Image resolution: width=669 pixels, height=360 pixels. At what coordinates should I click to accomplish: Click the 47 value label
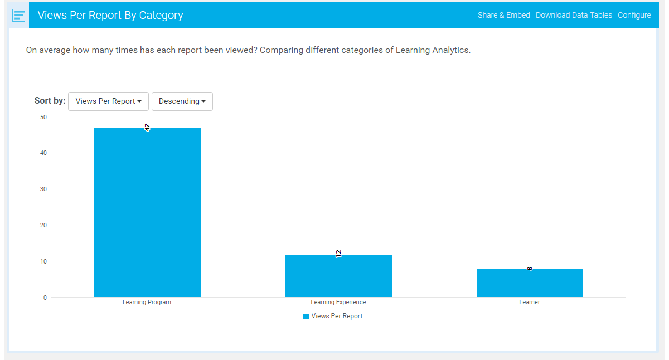pyautogui.click(x=147, y=128)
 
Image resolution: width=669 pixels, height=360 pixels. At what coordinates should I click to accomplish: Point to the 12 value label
pyautogui.click(x=338, y=254)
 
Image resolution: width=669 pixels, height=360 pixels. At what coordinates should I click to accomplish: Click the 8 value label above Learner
pyautogui.click(x=530, y=269)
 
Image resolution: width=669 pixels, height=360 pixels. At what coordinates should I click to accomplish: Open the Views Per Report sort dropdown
pyautogui.click(x=108, y=101)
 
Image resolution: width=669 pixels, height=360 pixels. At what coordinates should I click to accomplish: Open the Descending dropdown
pyautogui.click(x=182, y=101)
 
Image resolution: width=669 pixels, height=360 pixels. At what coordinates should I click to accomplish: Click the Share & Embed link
pyautogui.click(x=503, y=15)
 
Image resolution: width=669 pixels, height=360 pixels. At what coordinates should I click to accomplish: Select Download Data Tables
pyautogui.click(x=574, y=15)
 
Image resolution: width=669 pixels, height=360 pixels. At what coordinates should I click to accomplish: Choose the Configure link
pyautogui.click(x=634, y=15)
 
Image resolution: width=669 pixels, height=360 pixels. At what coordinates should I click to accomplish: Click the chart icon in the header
pyautogui.click(x=19, y=16)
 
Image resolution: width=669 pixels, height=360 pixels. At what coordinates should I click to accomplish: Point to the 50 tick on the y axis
pyautogui.click(x=43, y=117)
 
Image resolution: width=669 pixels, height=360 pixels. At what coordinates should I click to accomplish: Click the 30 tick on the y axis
pyautogui.click(x=43, y=189)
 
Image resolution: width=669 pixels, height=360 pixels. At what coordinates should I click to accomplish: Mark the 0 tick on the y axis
pyautogui.click(x=45, y=298)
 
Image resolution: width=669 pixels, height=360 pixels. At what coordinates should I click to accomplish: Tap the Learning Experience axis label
pyautogui.click(x=338, y=303)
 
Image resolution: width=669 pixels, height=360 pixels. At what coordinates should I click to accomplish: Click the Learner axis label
pyautogui.click(x=530, y=303)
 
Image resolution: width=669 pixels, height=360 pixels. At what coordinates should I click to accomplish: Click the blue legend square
pyautogui.click(x=306, y=317)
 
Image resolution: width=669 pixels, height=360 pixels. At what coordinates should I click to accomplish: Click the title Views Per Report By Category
pyautogui.click(x=110, y=15)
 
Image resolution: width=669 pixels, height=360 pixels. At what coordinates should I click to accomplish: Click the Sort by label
pyautogui.click(x=50, y=101)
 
